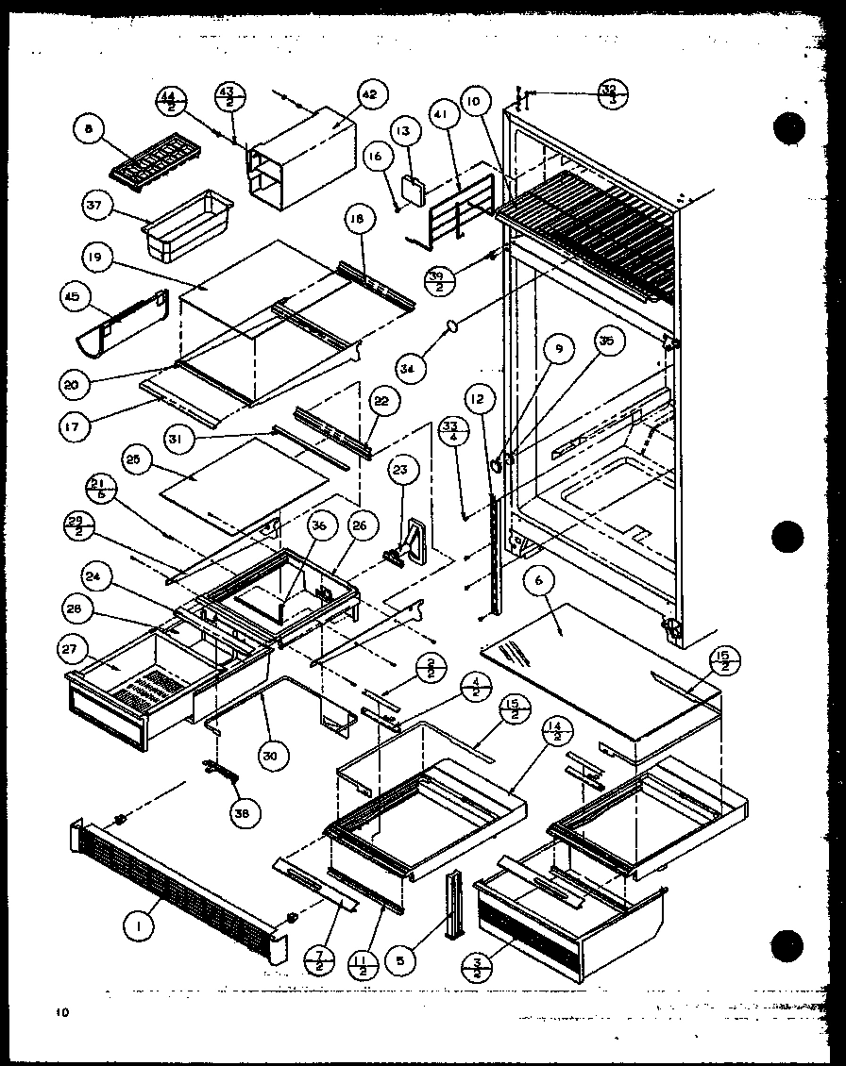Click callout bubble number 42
[x=367, y=95]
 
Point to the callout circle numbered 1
[x=139, y=927]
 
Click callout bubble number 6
[x=538, y=583]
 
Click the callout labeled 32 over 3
[x=613, y=93]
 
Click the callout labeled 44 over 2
[x=171, y=99]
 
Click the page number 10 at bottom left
[x=62, y=1013]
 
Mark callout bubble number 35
[x=607, y=343]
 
